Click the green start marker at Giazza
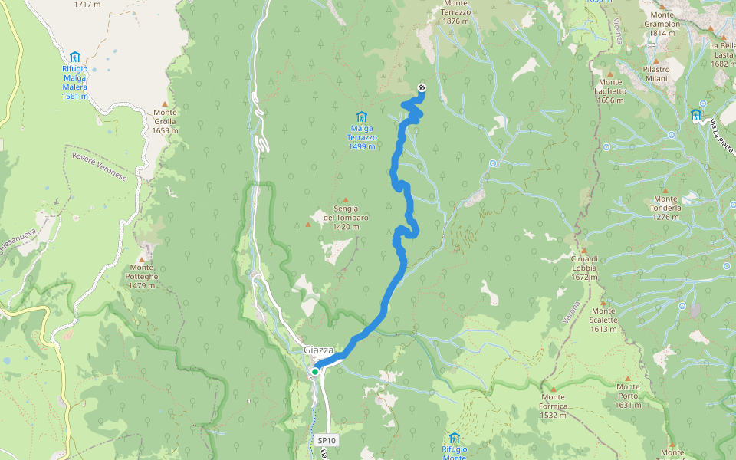pyautogui.click(x=315, y=371)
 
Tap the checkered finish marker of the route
pyautogui.click(x=422, y=88)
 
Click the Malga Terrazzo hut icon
pyautogui.click(x=361, y=116)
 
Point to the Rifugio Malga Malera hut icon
pyautogui.click(x=75, y=57)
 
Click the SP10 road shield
pyautogui.click(x=326, y=440)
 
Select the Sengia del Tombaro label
pyautogui.click(x=346, y=213)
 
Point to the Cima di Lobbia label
pyautogui.click(x=583, y=263)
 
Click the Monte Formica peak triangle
pyautogui.click(x=552, y=389)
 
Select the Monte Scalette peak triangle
pyautogui.click(x=603, y=302)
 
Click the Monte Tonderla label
pyautogui.click(x=665, y=212)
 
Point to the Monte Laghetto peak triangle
pyautogui.click(x=610, y=73)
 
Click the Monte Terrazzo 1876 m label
pyautogui.click(x=455, y=11)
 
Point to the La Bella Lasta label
pyautogui.click(x=723, y=54)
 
